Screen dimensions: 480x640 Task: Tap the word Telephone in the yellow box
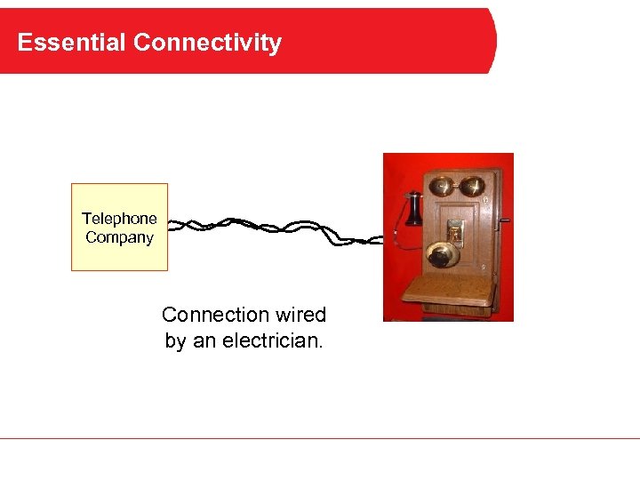tap(119, 219)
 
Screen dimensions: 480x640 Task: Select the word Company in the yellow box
tap(119, 237)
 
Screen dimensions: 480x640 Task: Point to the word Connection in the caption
tap(214, 315)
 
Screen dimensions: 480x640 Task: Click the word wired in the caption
tap(300, 315)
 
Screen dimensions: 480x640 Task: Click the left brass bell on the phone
tap(442, 187)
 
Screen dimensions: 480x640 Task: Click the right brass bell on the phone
tap(473, 186)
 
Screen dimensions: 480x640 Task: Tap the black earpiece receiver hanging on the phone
tap(413, 210)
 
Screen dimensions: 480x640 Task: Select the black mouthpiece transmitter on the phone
tap(441, 256)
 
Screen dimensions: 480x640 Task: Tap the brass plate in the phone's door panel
tap(455, 231)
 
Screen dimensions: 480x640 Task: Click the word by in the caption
tap(175, 340)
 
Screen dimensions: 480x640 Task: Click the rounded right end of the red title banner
tap(491, 41)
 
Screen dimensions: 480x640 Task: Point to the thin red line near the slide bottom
tap(320, 438)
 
